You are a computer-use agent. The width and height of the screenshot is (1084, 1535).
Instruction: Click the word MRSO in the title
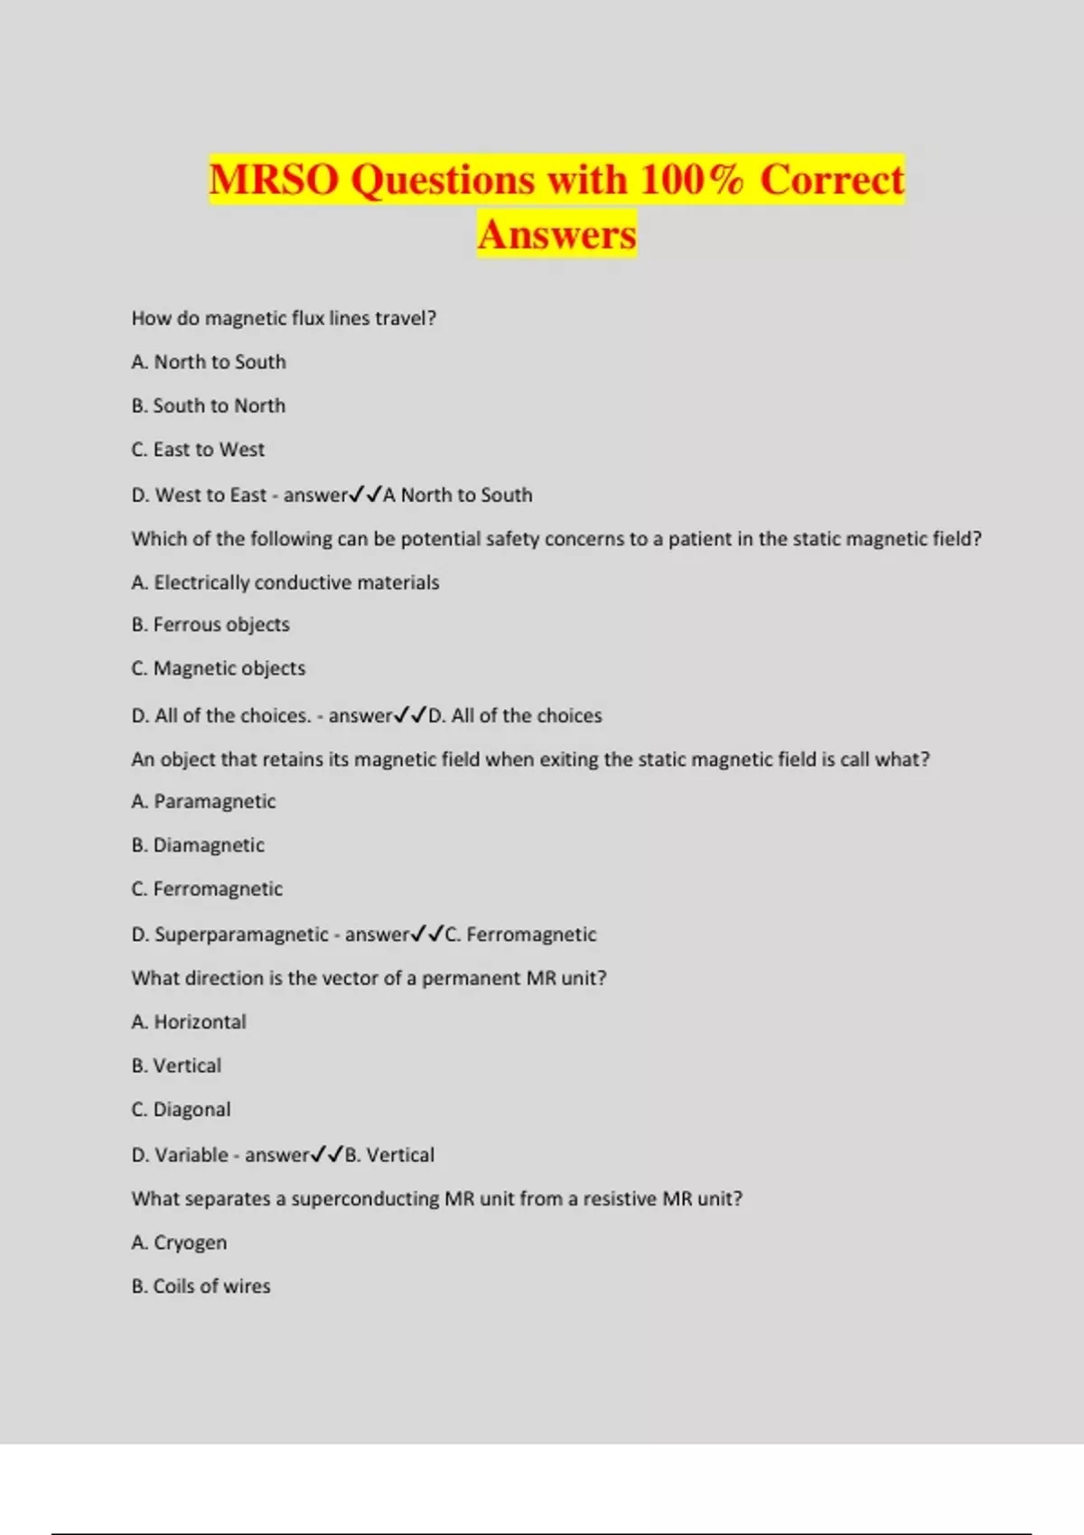tap(274, 179)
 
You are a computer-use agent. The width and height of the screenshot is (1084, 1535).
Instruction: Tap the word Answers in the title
tap(557, 235)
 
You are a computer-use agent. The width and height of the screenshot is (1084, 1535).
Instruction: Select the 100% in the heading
tap(692, 179)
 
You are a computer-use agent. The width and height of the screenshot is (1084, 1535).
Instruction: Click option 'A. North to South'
tap(209, 362)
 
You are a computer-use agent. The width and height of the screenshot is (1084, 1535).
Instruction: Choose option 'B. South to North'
tap(209, 406)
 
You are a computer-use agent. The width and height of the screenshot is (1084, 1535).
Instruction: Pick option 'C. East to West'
tap(198, 450)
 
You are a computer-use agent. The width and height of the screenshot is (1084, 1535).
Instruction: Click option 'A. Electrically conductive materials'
tap(285, 582)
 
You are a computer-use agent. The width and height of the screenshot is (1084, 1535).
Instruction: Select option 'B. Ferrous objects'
tap(210, 625)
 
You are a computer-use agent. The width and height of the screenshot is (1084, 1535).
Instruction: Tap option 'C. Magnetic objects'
tap(219, 668)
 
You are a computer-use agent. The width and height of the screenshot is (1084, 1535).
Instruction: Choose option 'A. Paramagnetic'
tap(203, 802)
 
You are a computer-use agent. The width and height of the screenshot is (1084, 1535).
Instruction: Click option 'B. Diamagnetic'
tap(198, 845)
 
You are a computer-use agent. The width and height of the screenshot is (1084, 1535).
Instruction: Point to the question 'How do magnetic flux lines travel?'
tap(284, 318)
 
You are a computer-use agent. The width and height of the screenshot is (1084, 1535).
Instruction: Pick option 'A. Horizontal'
tap(189, 1022)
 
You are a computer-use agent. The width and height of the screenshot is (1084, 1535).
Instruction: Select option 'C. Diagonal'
tap(181, 1110)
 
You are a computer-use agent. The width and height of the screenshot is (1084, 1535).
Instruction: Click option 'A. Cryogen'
tap(179, 1243)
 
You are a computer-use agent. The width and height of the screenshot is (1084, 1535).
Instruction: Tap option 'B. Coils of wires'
tap(201, 1287)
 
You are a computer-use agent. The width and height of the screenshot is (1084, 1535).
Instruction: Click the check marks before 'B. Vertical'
tap(327, 1154)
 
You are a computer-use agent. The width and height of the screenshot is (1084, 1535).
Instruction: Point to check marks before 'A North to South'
tap(366, 494)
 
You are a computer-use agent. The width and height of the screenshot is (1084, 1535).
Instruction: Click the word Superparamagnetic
tap(241, 935)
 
